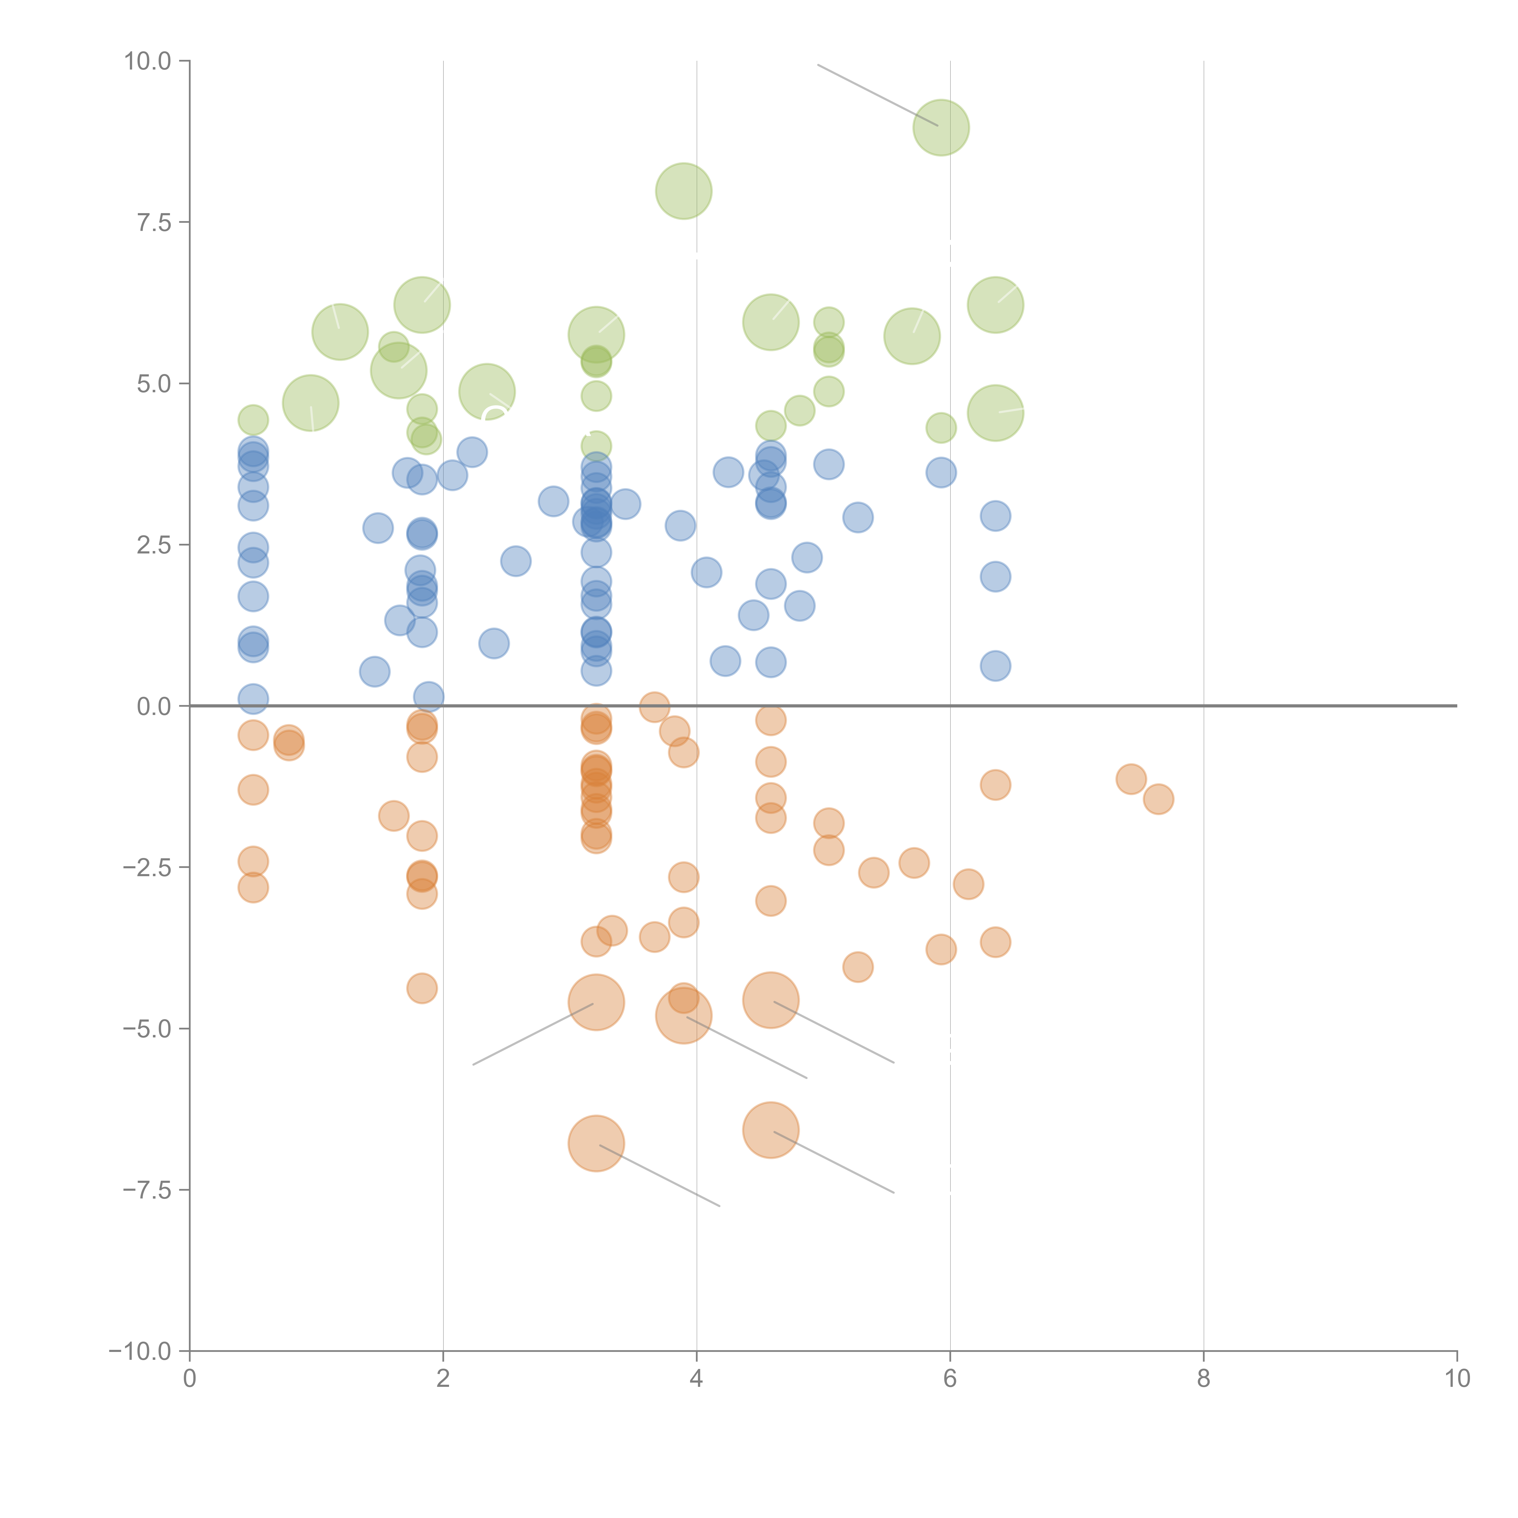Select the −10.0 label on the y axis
pyautogui.click(x=140, y=1351)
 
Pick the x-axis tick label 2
pyautogui.click(x=443, y=1379)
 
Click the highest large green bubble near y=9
pyautogui.click(x=941, y=127)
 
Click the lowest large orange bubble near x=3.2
pyautogui.click(x=596, y=1143)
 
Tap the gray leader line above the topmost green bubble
pyautogui.click(x=876, y=94)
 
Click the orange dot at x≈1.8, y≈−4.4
pyautogui.click(x=422, y=988)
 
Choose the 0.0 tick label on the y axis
pyautogui.click(x=154, y=706)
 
